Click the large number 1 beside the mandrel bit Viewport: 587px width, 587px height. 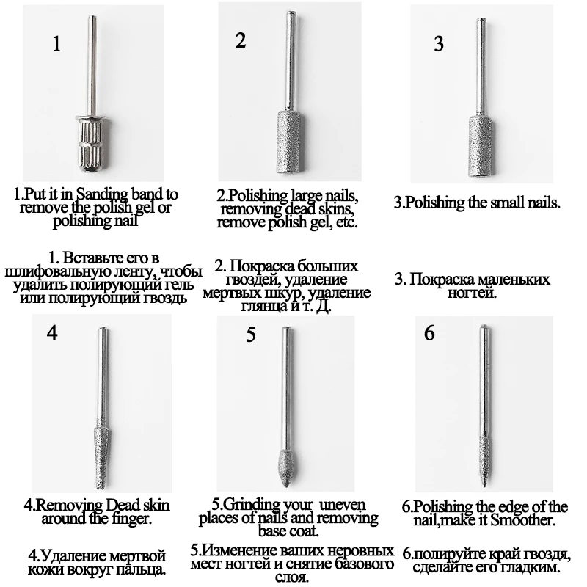coord(56,44)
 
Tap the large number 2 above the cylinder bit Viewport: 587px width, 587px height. coord(241,40)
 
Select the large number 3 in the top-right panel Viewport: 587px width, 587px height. coord(439,43)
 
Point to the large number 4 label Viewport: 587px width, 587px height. coord(52,332)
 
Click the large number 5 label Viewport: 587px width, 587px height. coord(251,334)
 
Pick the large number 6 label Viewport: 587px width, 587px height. coord(429,332)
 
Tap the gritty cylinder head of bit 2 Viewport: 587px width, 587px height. coord(289,142)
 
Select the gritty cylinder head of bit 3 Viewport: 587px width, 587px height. coord(481,146)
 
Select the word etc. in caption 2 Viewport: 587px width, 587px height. coord(347,222)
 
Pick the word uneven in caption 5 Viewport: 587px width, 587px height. coord(343,505)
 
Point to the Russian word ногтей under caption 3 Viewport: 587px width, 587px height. coord(473,292)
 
